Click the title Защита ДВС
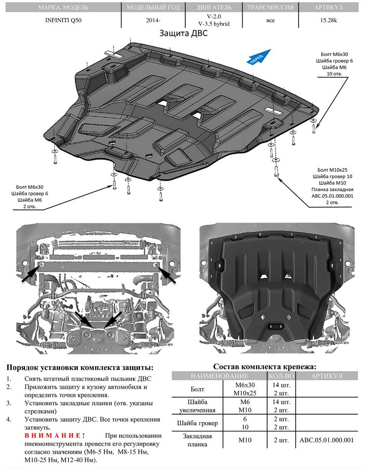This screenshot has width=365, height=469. point(183,34)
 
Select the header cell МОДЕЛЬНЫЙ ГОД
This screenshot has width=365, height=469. point(154,7)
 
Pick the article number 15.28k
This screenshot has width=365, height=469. point(328,20)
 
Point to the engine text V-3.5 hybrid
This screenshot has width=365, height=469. point(213,23)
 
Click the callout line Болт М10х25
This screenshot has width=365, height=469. point(331,170)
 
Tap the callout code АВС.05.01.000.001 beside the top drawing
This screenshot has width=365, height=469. point(332,196)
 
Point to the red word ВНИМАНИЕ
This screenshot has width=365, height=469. point(54,435)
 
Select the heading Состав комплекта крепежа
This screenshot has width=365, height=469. point(265,367)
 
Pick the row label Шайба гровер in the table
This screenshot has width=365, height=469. point(197,423)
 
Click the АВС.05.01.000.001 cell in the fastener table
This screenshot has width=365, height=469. point(326,440)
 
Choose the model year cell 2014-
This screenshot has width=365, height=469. point(153,20)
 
